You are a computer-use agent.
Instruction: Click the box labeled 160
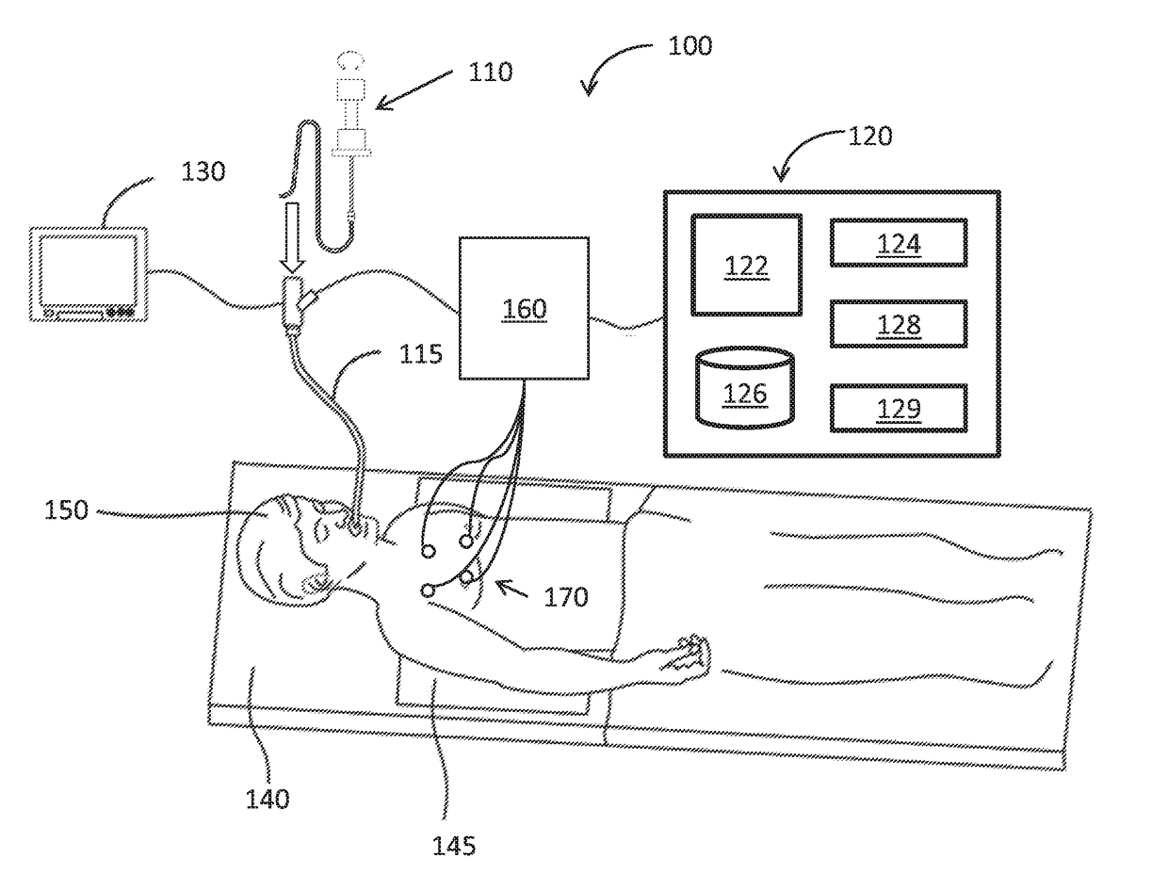(x=524, y=308)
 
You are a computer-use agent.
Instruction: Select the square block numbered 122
(x=746, y=265)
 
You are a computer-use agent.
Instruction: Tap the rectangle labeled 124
(x=898, y=243)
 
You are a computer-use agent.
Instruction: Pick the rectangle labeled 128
(x=898, y=324)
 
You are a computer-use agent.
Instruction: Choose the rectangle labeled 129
(x=898, y=408)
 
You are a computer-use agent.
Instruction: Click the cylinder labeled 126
(x=745, y=388)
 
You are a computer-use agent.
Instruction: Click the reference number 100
(x=689, y=45)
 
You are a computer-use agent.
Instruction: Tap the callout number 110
(x=491, y=72)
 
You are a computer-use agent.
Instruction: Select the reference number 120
(x=868, y=136)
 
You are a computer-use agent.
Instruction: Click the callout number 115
(x=420, y=354)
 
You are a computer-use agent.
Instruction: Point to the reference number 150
(x=66, y=510)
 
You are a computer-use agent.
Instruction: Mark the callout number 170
(x=565, y=596)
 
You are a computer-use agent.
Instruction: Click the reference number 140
(x=268, y=800)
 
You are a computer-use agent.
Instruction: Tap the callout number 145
(x=454, y=846)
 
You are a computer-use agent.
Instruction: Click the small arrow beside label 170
(x=512, y=590)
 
